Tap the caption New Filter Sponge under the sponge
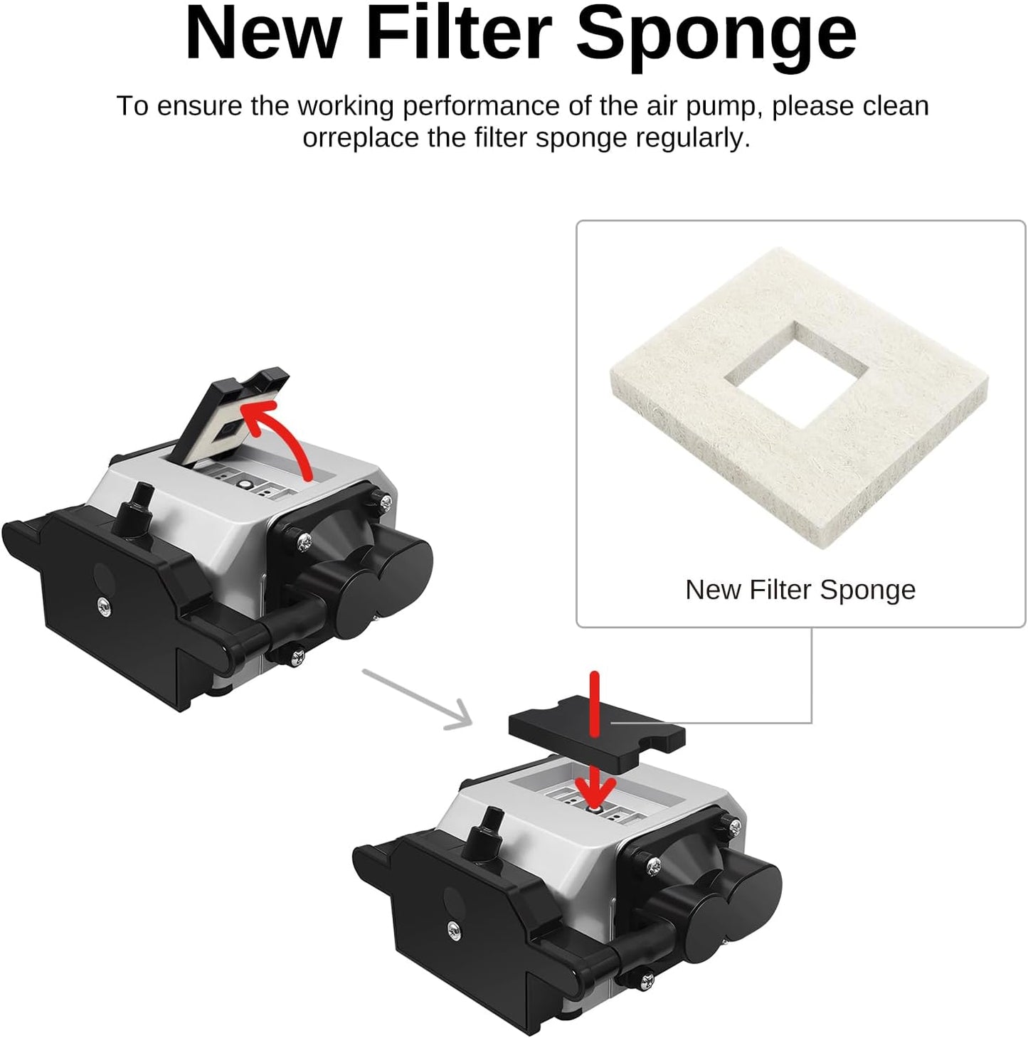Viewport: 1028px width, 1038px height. click(x=800, y=590)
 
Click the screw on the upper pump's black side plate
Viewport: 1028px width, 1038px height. click(x=104, y=605)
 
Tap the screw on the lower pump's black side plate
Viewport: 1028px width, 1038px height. click(x=453, y=928)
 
